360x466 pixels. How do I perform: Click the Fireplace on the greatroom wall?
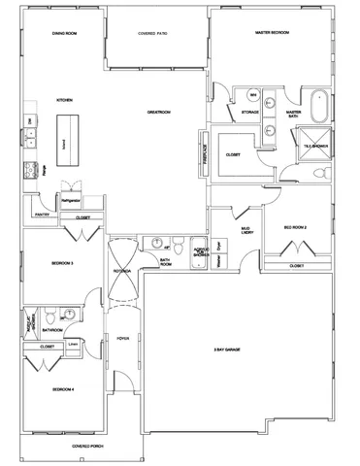pyautogui.click(x=204, y=148)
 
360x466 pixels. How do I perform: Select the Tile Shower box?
pyautogui.click(x=317, y=144)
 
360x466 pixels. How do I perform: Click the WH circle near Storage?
pyautogui.click(x=253, y=96)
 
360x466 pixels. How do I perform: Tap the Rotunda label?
pyautogui.click(x=121, y=270)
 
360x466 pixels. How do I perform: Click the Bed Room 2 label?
pyautogui.click(x=295, y=226)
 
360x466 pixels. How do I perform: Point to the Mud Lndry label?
pyautogui.click(x=246, y=231)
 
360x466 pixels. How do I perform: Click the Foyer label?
pyautogui.click(x=122, y=340)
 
